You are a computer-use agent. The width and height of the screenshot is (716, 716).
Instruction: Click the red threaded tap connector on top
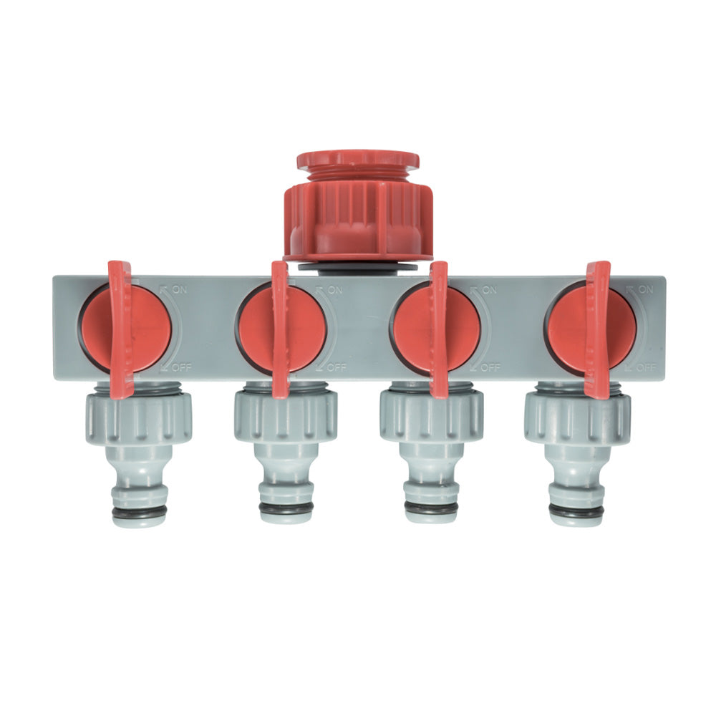(x=357, y=206)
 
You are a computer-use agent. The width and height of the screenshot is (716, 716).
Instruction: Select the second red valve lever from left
(x=279, y=329)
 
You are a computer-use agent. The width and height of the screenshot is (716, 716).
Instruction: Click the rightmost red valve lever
(x=597, y=329)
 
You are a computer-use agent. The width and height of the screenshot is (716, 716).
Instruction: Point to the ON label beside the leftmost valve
(x=180, y=289)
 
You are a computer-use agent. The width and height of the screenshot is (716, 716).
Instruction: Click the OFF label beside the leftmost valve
(x=182, y=367)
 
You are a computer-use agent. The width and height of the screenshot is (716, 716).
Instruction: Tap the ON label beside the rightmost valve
(x=646, y=289)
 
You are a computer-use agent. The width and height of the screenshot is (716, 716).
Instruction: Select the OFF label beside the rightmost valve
(x=647, y=367)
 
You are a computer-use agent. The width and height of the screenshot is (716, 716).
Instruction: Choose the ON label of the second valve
(x=334, y=289)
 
